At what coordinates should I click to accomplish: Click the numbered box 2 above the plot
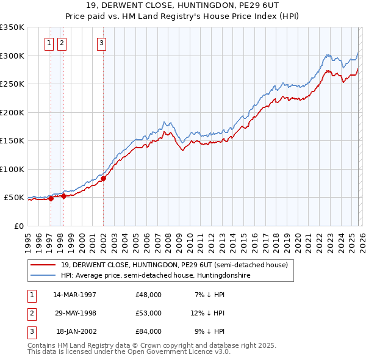pyautogui.click(x=62, y=43)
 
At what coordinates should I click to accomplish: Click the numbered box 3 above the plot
pyautogui.click(x=101, y=43)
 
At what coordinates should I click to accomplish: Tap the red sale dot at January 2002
pyautogui.click(x=103, y=178)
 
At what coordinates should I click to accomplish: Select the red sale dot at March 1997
pyautogui.click(x=51, y=198)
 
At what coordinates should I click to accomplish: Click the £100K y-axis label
pyautogui.click(x=12, y=169)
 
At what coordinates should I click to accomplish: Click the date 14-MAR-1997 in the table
pyautogui.click(x=75, y=295)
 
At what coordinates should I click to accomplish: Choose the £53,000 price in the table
pyautogui.click(x=148, y=313)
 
